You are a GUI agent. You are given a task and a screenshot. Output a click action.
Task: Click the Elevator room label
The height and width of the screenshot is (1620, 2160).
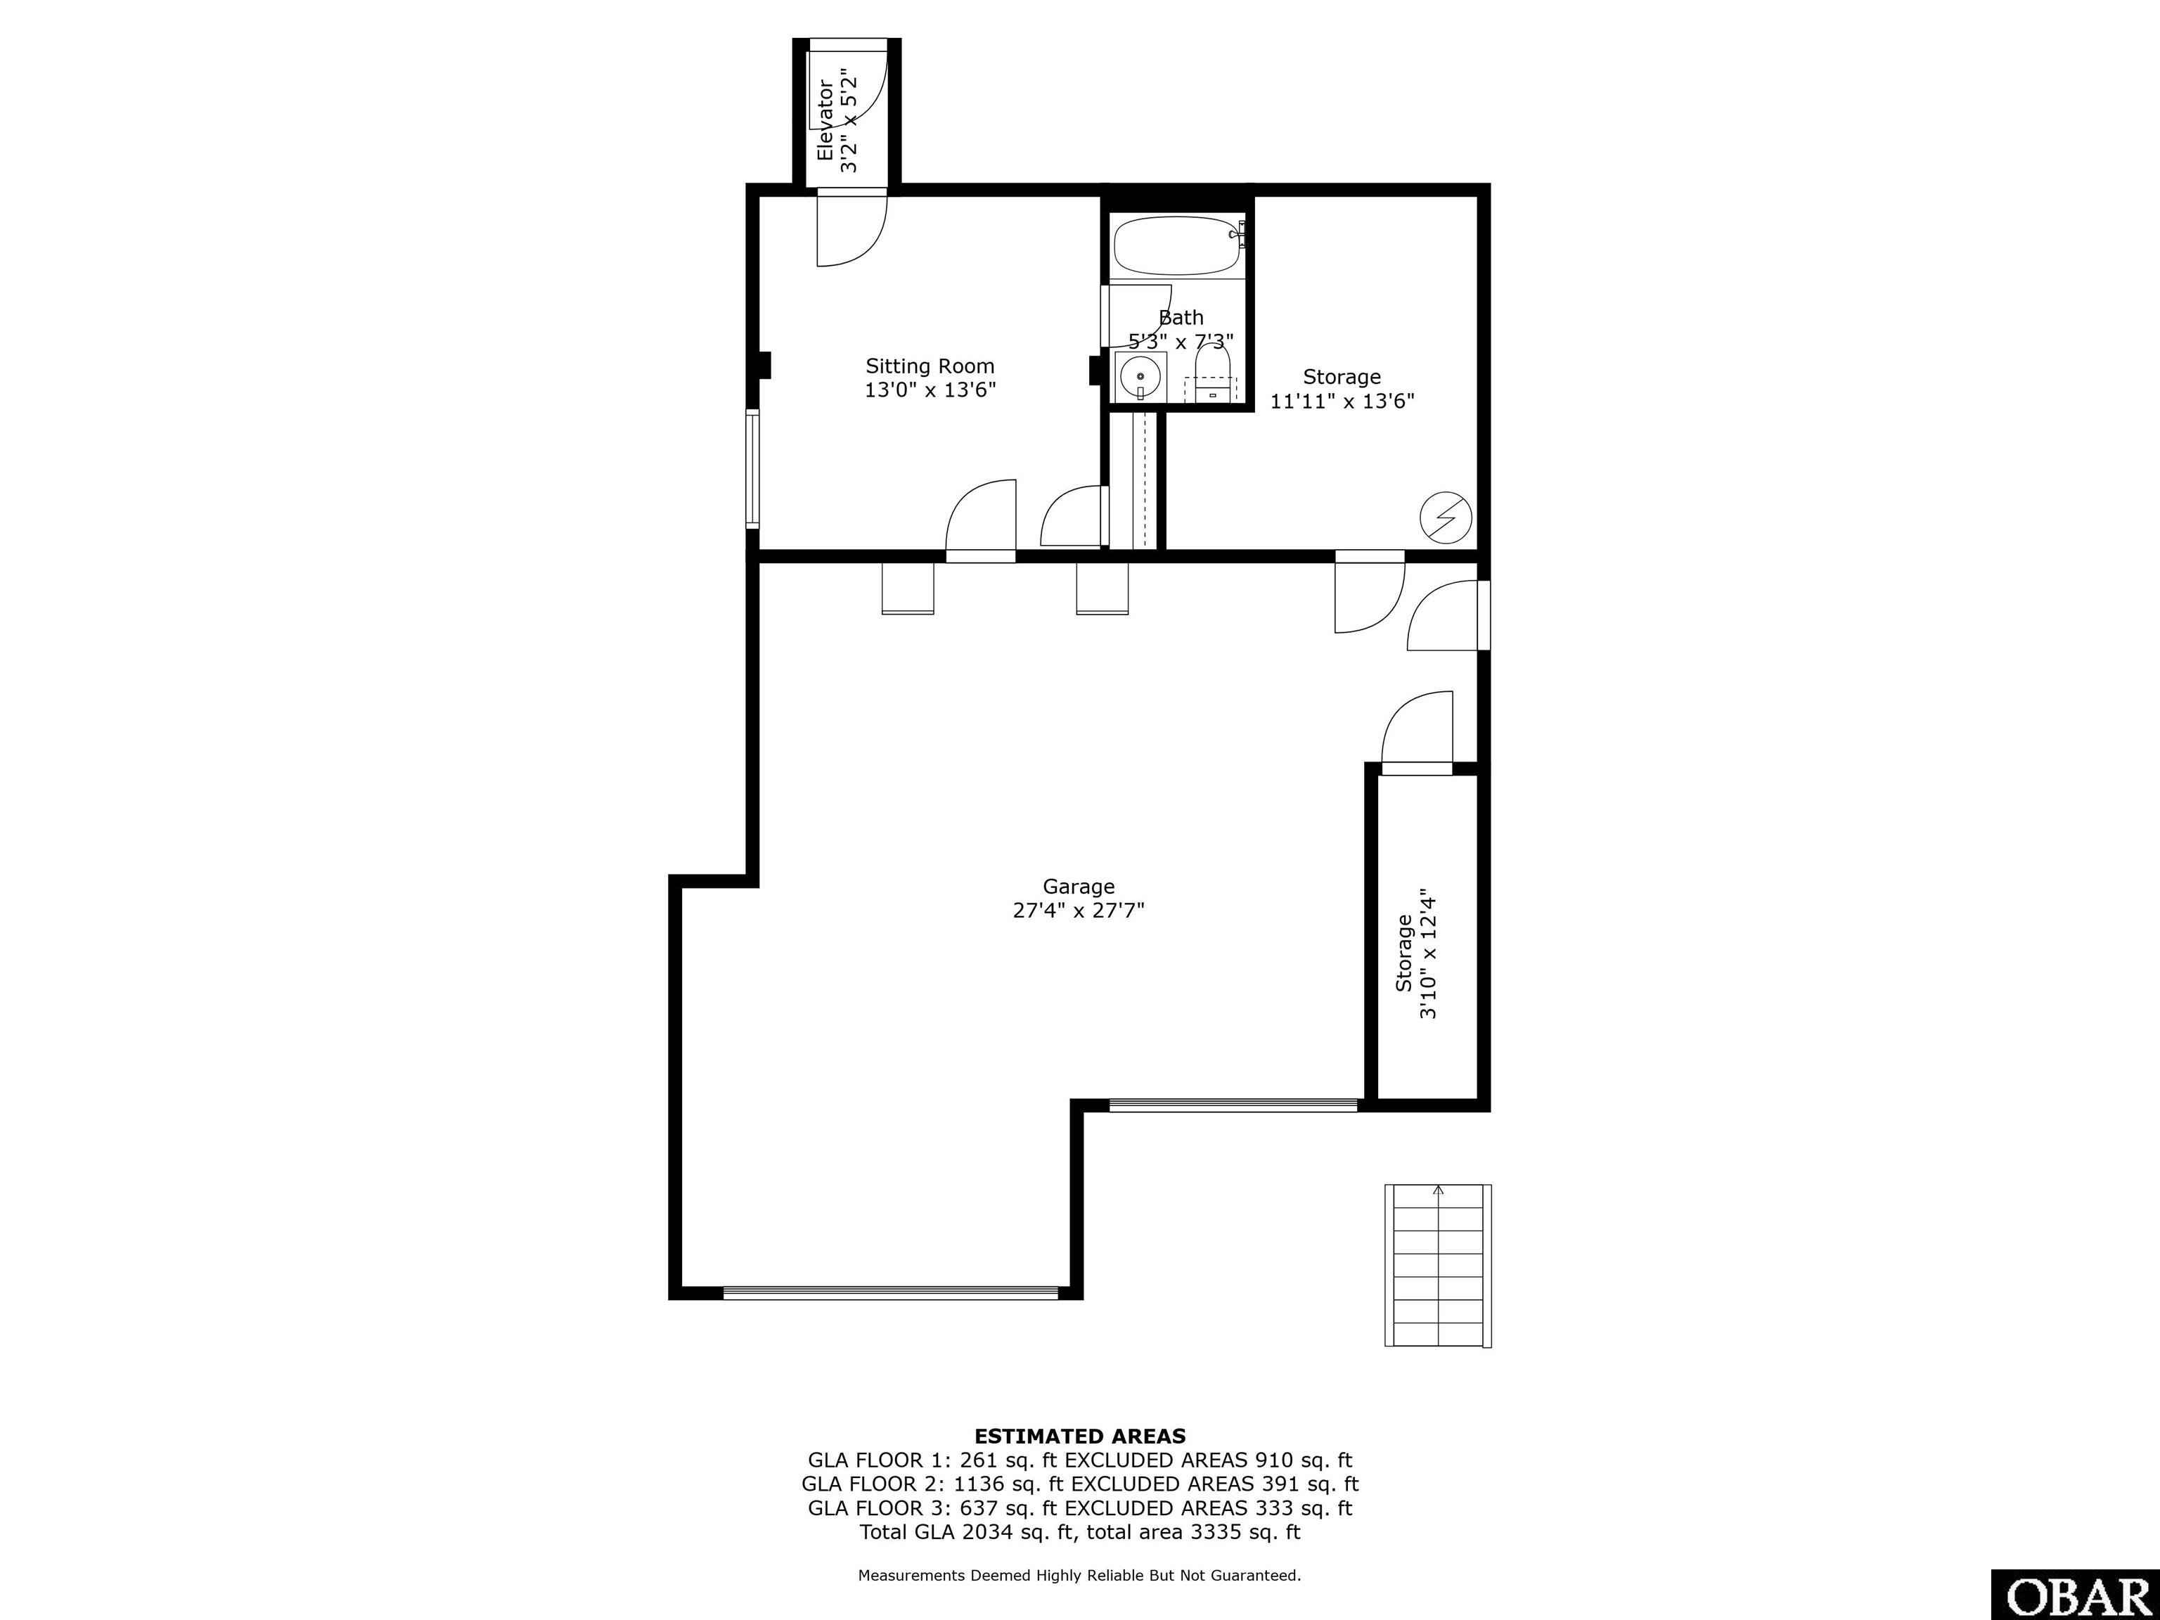826,119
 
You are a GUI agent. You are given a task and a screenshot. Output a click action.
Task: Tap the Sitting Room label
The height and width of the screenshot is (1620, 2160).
930,366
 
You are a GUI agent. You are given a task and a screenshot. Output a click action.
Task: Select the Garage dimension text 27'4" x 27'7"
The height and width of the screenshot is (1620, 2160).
1078,910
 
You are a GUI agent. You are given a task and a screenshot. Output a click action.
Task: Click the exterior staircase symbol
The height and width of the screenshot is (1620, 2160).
1437,1266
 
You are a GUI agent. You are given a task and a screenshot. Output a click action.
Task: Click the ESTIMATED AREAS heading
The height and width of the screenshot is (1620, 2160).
1080,1436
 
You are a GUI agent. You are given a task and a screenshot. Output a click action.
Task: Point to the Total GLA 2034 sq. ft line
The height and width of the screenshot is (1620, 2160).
1080,1531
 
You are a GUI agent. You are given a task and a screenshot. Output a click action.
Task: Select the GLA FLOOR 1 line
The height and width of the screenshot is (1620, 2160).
1080,1460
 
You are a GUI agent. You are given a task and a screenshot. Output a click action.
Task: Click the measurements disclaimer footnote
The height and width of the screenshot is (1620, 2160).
1080,1574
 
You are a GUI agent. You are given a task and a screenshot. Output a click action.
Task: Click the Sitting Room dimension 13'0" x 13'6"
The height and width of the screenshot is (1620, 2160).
930,390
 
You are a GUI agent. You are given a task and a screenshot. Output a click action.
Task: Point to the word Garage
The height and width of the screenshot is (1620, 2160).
1078,887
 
